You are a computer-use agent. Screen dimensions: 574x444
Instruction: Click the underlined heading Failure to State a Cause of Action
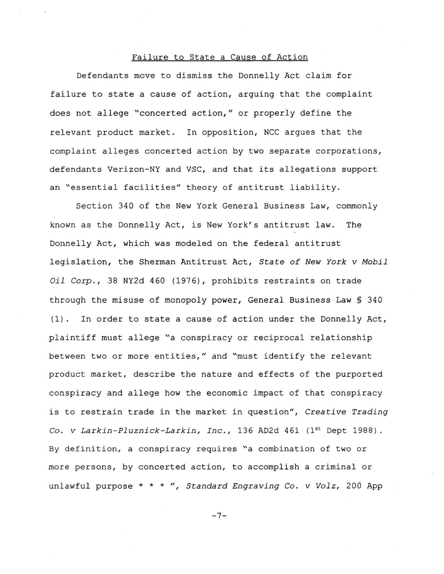pyautogui.click(x=220, y=57)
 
